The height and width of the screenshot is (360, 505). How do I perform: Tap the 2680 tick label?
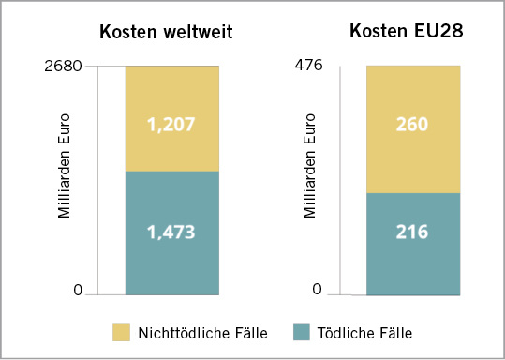[x=63, y=67]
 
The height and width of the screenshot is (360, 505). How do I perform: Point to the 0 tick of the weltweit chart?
[x=79, y=290]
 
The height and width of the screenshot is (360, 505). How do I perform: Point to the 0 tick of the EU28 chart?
[x=317, y=290]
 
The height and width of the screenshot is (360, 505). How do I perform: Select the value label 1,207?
[x=171, y=123]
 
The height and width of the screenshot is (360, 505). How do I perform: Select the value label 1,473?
[x=171, y=232]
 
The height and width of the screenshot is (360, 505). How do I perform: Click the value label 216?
[x=412, y=232]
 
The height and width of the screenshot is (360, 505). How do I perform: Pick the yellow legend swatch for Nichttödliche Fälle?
[x=122, y=332]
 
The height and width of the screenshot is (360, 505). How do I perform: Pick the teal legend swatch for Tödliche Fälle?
[x=302, y=332]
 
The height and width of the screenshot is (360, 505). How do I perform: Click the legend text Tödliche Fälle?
[x=364, y=333]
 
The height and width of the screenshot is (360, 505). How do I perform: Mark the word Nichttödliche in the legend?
[x=185, y=333]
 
